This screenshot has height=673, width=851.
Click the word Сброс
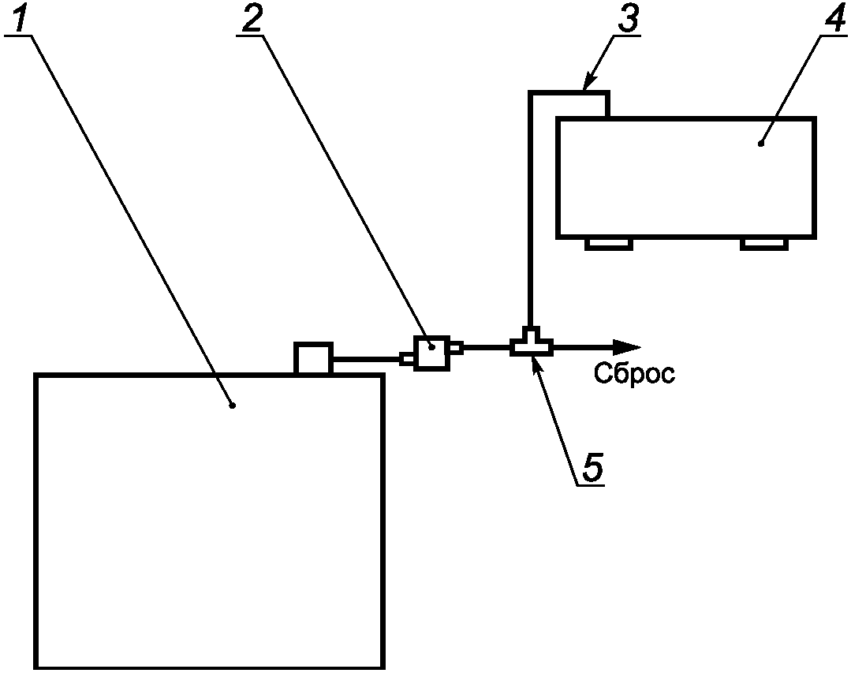coord(634,373)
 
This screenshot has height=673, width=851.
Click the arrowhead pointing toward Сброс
coord(628,346)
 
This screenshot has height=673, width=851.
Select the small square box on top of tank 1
coord(313,358)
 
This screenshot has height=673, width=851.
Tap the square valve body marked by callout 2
coord(431,353)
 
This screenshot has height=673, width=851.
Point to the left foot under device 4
coord(608,244)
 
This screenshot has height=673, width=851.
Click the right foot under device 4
coord(763,244)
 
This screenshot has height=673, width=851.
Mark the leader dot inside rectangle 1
coord(232,406)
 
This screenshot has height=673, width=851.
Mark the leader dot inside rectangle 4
coord(760,143)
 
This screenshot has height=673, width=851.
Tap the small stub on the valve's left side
coord(407,360)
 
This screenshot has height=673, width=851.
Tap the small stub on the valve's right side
coord(456,346)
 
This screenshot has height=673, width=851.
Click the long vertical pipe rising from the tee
coord(532,213)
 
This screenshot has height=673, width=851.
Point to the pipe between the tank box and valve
coord(367,361)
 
